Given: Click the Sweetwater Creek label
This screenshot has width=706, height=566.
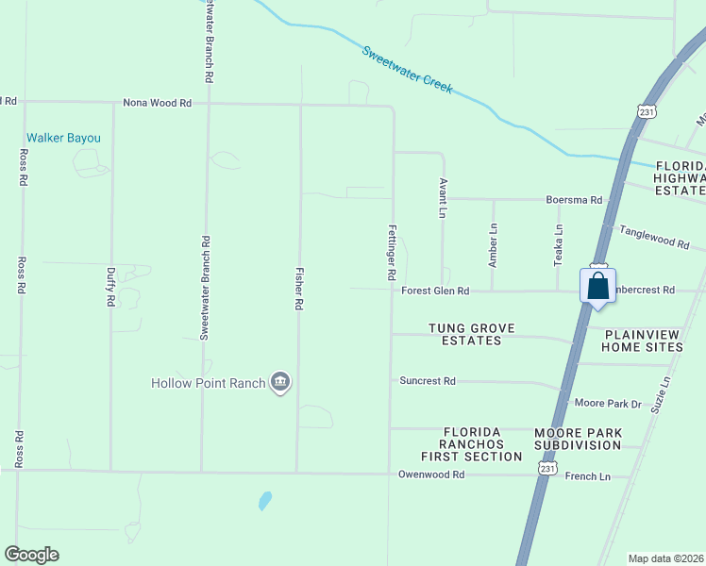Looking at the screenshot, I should point(408,69).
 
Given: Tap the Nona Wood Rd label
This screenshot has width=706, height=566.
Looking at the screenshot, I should point(158,103).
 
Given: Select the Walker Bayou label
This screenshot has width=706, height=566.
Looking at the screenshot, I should point(63,138).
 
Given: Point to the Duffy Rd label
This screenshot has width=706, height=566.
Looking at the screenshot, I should point(110,286).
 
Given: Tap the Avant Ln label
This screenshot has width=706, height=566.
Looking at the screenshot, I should point(442,198).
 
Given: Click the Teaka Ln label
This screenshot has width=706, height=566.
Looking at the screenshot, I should point(559,242).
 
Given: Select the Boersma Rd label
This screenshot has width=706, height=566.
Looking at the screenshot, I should point(574,200).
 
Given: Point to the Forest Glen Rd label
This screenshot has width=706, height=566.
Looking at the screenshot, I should point(435,291).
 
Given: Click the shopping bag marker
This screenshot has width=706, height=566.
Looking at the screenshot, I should point(598,286).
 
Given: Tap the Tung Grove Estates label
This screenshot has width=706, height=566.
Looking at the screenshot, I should point(472,334).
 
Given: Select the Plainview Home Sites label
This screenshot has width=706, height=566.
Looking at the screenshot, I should point(644,341).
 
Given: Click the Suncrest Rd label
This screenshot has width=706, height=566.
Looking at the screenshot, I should point(428,382).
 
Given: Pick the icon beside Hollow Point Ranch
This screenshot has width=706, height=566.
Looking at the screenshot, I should point(280,382).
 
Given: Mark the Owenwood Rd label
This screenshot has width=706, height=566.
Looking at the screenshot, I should point(431,474).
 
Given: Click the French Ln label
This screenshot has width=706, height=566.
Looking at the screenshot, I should point(587,476).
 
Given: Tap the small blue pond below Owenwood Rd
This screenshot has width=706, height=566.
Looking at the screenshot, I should point(265,500).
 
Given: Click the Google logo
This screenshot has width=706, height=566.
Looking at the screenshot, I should point(32,555).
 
